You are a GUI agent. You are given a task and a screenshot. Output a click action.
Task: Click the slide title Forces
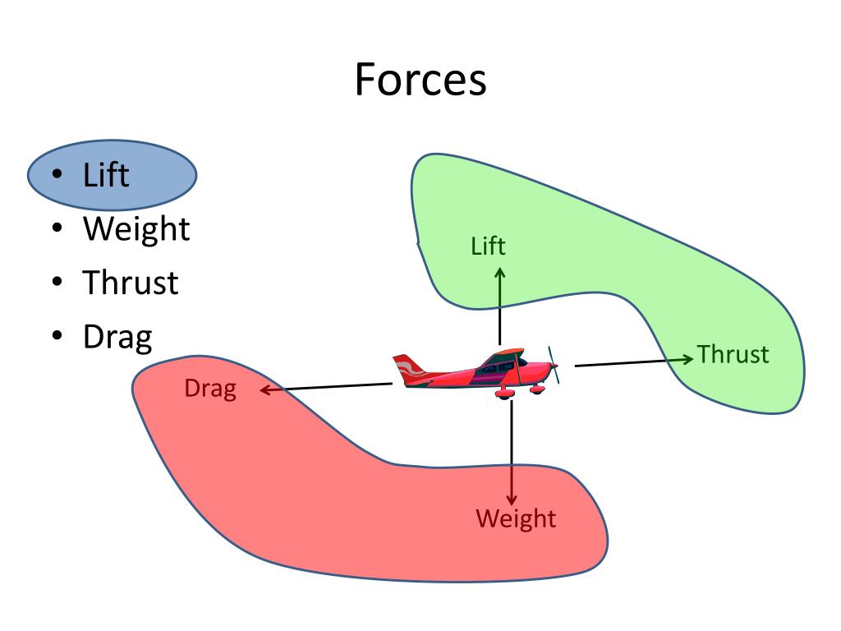(420, 81)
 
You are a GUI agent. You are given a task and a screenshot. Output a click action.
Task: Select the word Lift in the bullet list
(106, 175)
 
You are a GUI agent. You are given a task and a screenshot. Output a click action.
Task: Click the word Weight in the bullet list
(136, 228)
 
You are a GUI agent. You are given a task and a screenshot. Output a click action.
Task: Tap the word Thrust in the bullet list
(130, 283)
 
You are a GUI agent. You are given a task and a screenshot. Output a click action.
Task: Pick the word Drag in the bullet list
(117, 336)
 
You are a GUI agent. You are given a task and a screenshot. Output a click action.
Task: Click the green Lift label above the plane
(488, 246)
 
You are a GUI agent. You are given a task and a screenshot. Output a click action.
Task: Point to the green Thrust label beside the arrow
(733, 355)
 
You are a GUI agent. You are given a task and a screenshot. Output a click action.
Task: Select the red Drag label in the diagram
(210, 389)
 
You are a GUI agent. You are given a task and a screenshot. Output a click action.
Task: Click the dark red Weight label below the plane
(516, 519)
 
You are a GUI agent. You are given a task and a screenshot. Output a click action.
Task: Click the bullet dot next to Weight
(57, 229)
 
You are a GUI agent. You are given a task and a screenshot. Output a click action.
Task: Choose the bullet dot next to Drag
(57, 337)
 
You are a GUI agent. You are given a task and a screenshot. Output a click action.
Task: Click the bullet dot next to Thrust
(57, 283)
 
